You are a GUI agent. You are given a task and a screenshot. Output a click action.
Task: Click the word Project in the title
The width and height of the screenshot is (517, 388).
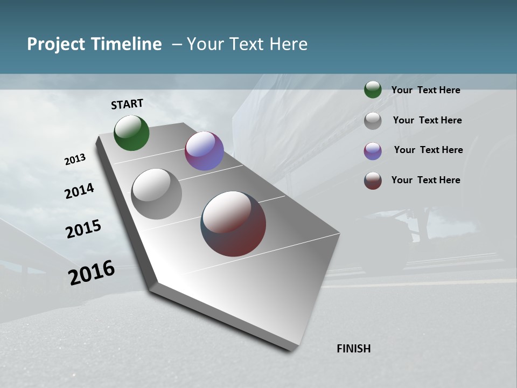57,44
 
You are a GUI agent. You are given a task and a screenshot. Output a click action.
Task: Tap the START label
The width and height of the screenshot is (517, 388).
127,104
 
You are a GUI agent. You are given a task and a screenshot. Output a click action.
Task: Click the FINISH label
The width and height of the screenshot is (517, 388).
353,349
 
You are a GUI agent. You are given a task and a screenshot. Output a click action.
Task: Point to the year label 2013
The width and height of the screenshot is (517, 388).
75,160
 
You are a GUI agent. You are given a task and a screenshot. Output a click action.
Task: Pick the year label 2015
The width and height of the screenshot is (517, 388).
83,229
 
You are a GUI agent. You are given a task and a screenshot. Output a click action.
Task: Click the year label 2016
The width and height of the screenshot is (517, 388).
92,273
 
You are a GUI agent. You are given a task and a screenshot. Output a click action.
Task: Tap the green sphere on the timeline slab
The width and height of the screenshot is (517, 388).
131,133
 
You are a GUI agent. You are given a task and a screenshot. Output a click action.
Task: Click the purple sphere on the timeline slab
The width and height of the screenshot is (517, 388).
204,151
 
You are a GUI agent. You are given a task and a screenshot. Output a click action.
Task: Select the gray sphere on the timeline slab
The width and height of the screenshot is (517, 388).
157,194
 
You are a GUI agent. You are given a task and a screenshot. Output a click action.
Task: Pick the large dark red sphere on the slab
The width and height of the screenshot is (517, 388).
233,224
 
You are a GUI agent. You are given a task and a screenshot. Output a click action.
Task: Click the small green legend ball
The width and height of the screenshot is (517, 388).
373,89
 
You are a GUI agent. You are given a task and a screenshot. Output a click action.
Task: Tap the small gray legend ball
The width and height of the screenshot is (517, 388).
373,121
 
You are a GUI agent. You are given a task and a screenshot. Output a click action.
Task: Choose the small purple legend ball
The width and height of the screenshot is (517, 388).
373,151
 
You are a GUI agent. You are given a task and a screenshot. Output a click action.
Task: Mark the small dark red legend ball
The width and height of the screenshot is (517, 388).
373,181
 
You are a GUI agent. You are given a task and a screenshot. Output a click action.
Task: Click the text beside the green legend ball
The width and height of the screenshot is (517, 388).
425,90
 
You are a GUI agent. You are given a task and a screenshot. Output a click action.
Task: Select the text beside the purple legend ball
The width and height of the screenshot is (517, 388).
428,150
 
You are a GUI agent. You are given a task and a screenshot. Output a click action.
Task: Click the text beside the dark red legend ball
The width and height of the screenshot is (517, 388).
425,180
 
